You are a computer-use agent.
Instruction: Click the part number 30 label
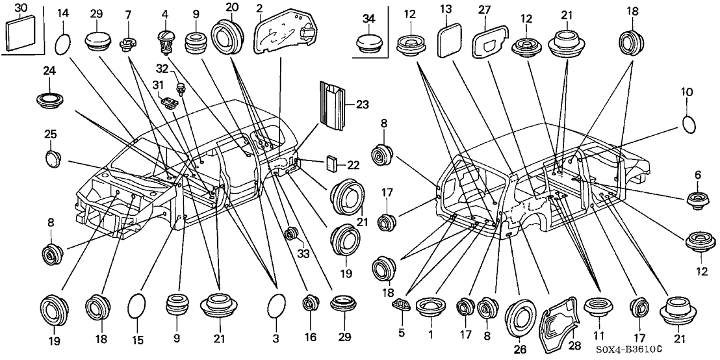[20, 8]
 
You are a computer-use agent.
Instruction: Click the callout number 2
[259, 8]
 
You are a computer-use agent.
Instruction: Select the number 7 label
[127, 14]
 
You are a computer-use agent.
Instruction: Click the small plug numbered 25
[51, 158]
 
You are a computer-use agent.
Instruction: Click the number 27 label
[483, 10]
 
